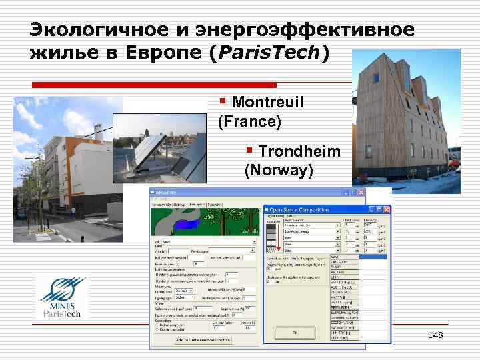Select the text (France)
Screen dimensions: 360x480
point(249,123)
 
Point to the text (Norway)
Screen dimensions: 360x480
point(279,171)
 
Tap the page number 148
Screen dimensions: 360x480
point(435,334)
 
